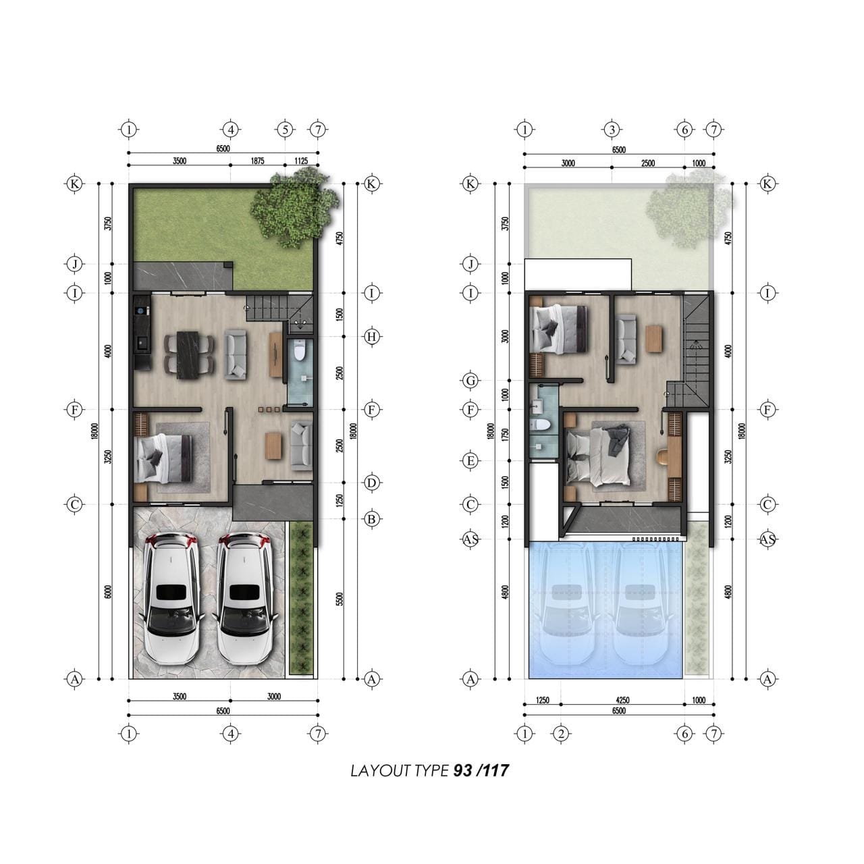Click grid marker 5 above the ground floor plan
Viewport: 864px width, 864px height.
click(285, 130)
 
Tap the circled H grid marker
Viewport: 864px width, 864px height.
click(371, 337)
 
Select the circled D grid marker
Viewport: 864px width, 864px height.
click(371, 483)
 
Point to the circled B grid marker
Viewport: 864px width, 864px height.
click(371, 519)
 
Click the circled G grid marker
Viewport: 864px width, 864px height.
click(470, 381)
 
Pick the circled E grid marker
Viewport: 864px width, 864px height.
click(470, 461)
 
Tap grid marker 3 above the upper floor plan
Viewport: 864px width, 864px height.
click(612, 130)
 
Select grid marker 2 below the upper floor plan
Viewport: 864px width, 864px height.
click(561, 734)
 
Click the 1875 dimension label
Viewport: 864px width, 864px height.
click(257, 161)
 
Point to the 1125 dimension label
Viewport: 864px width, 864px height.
click(301, 161)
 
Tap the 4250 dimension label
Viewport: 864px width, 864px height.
click(623, 700)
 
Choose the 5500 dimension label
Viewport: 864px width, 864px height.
click(340, 599)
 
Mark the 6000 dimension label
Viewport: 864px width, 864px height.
click(107, 592)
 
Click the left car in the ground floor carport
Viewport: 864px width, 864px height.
click(171, 598)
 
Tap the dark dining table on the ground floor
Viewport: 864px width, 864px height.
click(188, 354)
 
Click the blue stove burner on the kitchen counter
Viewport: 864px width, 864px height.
click(142, 310)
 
